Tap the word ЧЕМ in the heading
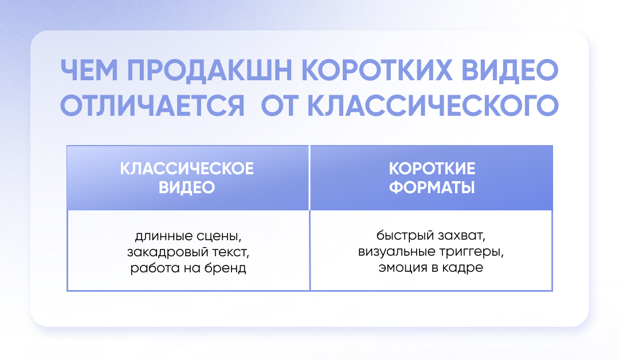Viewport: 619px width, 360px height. (89, 71)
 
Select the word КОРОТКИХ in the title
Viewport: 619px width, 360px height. (377, 71)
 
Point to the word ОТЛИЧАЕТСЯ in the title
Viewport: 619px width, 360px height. (152, 105)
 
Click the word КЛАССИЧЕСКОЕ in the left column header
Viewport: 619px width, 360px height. (187, 169)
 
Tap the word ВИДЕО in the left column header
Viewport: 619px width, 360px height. (187, 187)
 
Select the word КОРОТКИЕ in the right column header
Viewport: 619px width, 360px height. (432, 169)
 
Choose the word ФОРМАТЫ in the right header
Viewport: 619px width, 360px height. (432, 187)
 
